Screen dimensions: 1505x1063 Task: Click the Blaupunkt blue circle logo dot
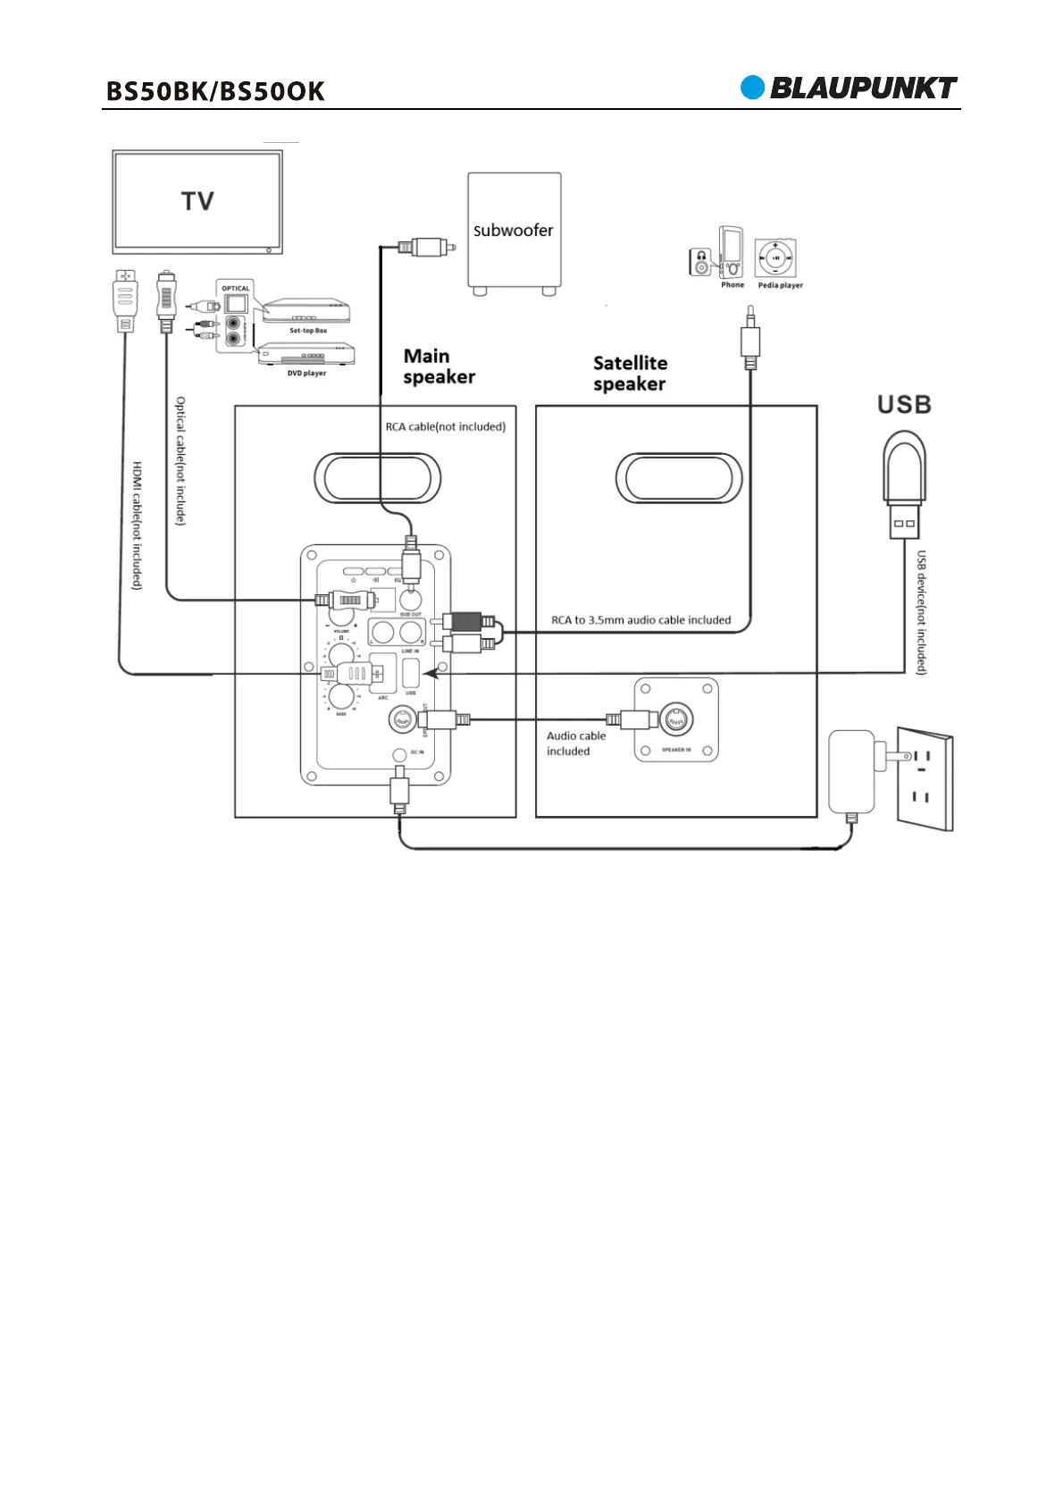pyautogui.click(x=752, y=88)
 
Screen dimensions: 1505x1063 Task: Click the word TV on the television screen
pyautogui.click(x=197, y=201)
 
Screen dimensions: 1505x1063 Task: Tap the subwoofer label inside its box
pyautogui.click(x=513, y=230)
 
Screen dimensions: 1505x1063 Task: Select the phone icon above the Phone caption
pyautogui.click(x=732, y=253)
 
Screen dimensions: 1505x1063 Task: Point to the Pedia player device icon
pyautogui.click(x=774, y=258)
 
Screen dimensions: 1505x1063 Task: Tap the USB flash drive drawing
pyautogui.click(x=904, y=483)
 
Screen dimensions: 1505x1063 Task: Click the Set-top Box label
pyautogui.click(x=307, y=331)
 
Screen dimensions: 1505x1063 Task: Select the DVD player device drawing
pyautogui.click(x=306, y=354)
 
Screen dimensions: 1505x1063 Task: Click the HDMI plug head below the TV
pyautogui.click(x=126, y=299)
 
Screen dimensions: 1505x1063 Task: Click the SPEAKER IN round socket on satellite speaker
pyautogui.click(x=676, y=719)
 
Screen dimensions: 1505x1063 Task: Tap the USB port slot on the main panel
pyautogui.click(x=411, y=673)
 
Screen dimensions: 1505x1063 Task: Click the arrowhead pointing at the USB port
pyautogui.click(x=430, y=673)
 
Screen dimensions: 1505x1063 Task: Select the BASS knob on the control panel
pyautogui.click(x=341, y=695)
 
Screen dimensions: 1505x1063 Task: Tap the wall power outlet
pyautogui.click(x=925, y=778)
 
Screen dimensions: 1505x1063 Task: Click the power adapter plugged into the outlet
pyautogui.click(x=852, y=769)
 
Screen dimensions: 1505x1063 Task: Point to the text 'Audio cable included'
pyautogui.click(x=575, y=744)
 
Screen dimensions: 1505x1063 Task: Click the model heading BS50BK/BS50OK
pyautogui.click(x=215, y=91)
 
